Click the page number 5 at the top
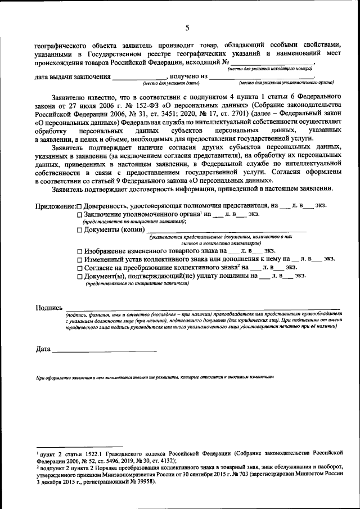pyautogui.click(x=187, y=28)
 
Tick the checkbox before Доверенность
pyautogui.click(x=79, y=206)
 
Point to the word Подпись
pyautogui.click(x=48, y=308)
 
